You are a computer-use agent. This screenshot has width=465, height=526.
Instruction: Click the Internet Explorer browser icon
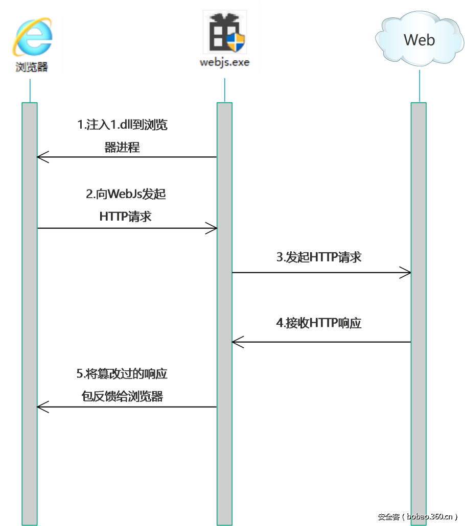(x=31, y=39)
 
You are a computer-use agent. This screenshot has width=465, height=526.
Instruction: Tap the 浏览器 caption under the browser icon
(x=31, y=67)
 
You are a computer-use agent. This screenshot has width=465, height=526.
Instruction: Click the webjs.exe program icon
(x=224, y=33)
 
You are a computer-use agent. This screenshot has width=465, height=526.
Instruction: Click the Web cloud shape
(x=419, y=41)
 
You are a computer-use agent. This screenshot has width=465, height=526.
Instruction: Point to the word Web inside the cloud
(x=419, y=40)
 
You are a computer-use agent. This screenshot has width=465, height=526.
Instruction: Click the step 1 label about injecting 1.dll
(x=122, y=136)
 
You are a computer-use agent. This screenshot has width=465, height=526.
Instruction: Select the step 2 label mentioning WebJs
(x=126, y=205)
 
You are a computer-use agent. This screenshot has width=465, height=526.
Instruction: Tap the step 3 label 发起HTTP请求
(x=319, y=257)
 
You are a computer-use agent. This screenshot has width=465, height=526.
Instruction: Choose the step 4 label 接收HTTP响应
(x=319, y=323)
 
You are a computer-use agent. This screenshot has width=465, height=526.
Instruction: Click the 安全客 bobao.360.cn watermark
(x=417, y=516)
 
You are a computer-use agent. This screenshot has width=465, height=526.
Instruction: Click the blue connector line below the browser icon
(x=30, y=90)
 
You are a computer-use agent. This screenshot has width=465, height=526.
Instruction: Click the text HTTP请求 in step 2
(x=126, y=216)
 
